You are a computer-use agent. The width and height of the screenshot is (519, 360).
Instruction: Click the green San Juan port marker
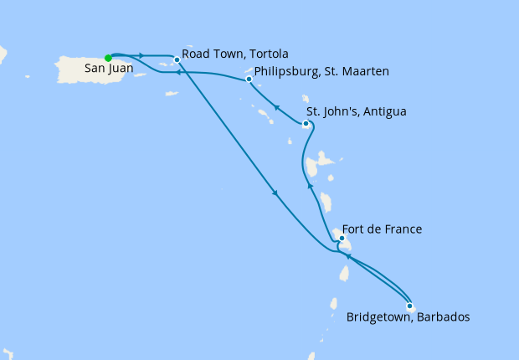[108, 58]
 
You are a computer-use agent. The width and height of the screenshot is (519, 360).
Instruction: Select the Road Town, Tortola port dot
[177, 59]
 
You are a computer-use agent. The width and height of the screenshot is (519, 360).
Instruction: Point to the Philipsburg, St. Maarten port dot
[249, 80]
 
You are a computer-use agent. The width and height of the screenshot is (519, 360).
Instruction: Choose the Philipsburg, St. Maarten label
[321, 72]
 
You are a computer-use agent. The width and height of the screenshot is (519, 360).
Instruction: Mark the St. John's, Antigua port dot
[306, 124]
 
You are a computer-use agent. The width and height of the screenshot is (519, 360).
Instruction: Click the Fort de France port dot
[342, 238]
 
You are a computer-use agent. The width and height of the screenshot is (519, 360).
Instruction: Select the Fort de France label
[383, 229]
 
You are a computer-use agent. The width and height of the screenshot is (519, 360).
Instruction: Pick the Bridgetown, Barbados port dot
[409, 306]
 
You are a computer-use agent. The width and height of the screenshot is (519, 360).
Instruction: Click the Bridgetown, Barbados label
[408, 318]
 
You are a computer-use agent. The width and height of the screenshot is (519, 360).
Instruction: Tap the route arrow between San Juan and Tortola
[142, 56]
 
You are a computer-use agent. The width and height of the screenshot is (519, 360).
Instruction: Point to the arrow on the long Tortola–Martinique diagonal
[275, 194]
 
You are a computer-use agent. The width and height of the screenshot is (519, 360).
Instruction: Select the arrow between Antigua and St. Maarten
[275, 106]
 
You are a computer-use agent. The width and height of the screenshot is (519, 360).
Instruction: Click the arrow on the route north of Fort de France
[311, 187]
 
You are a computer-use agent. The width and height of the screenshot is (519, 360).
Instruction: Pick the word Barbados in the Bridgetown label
[440, 318]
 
